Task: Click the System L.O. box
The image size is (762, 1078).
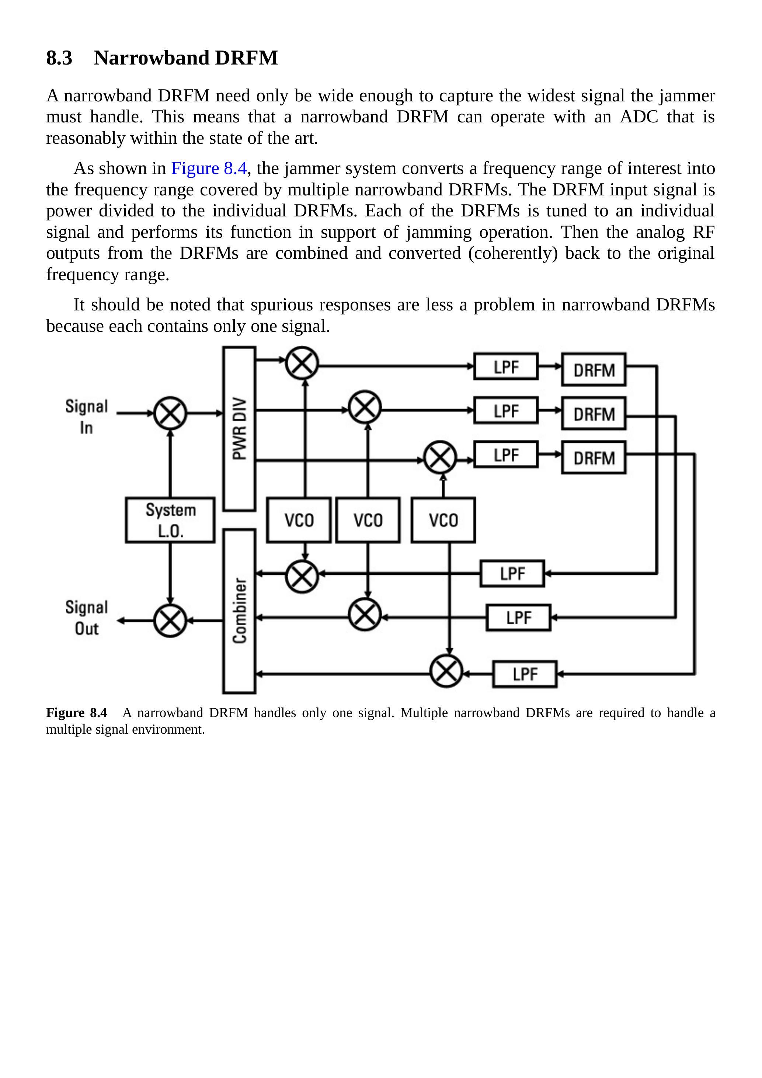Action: click(x=170, y=520)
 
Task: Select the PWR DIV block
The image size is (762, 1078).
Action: click(x=239, y=429)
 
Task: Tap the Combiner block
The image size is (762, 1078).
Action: click(x=239, y=611)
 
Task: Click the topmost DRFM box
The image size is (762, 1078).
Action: click(x=594, y=369)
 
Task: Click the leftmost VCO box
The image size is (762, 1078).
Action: click(x=299, y=520)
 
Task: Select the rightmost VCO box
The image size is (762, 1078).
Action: click(x=443, y=520)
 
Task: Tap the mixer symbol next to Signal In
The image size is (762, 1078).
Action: click(x=170, y=413)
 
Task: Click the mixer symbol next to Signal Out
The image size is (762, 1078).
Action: click(x=170, y=621)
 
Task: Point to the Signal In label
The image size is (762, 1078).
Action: click(x=86, y=417)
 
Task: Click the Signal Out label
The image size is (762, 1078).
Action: click(x=86, y=618)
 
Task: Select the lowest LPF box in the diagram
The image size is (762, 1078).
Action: click(x=525, y=674)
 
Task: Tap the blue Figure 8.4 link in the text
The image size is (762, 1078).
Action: click(x=209, y=168)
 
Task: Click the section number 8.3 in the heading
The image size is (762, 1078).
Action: click(x=59, y=58)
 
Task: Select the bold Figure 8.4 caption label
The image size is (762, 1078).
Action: click(x=77, y=713)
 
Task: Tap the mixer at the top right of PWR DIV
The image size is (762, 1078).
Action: click(x=302, y=362)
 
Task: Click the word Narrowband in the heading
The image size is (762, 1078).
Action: click(x=151, y=58)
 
